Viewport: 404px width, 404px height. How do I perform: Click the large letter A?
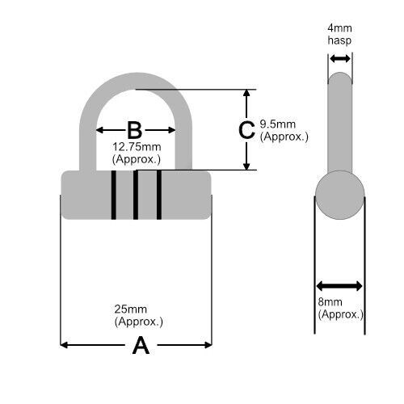(x=141, y=345)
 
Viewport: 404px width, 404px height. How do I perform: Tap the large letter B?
(x=134, y=130)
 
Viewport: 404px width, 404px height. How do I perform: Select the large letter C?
(x=246, y=130)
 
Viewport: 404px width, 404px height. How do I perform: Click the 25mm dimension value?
(x=131, y=309)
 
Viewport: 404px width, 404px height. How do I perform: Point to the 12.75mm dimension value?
(x=137, y=147)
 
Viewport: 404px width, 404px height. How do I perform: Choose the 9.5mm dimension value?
(x=278, y=124)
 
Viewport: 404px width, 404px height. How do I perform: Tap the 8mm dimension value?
(x=330, y=302)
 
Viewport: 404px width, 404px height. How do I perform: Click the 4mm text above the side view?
(x=339, y=28)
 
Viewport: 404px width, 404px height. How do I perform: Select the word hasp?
(x=339, y=40)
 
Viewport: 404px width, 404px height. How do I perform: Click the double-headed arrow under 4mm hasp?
(x=340, y=59)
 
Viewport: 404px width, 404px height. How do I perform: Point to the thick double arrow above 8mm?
(x=339, y=286)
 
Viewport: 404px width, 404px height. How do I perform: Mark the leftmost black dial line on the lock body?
(x=114, y=195)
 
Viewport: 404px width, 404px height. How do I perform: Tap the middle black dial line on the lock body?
(x=136, y=195)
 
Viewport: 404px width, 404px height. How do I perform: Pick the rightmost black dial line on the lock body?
(x=159, y=195)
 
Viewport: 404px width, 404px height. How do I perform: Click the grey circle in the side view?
(x=340, y=195)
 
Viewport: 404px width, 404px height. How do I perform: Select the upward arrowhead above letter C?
(x=246, y=93)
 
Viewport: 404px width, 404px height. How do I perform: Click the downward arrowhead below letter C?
(x=246, y=166)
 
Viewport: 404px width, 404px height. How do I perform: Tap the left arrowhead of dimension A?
(x=64, y=345)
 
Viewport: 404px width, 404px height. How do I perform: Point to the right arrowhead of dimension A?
(x=208, y=345)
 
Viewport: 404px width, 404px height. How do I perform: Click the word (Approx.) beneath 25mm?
(x=139, y=322)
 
